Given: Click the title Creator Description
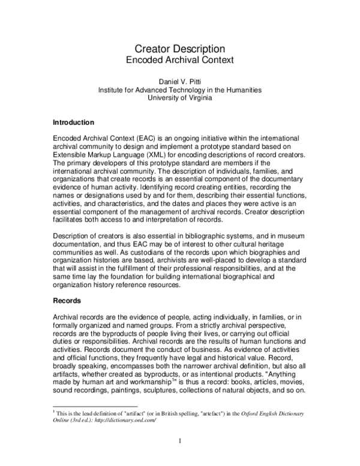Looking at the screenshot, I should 179,49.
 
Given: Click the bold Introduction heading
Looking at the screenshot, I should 74,122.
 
